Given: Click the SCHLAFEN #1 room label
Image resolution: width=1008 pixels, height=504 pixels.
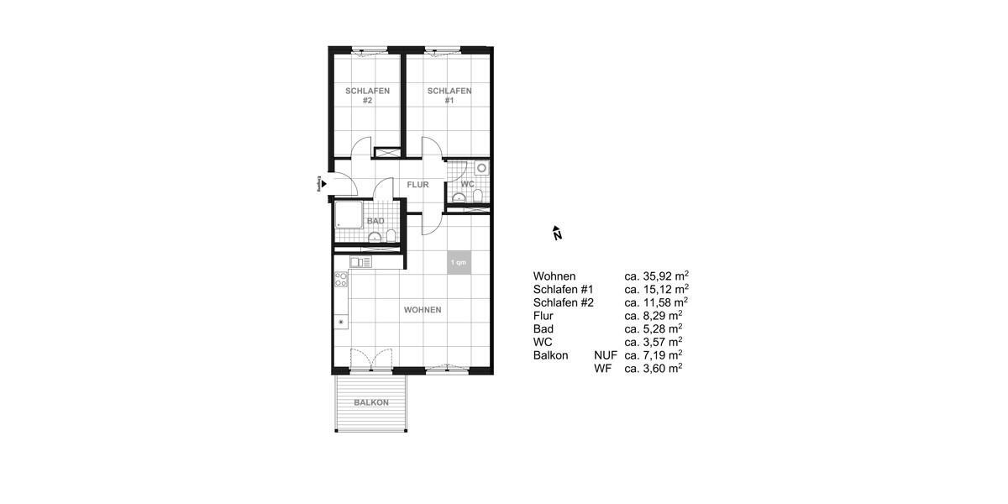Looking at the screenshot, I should [449, 96].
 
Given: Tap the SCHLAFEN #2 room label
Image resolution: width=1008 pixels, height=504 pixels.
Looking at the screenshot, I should [367, 96].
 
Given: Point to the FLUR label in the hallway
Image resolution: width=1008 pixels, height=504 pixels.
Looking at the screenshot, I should [417, 185].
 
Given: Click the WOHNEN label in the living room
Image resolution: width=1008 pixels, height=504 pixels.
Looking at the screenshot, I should [423, 310].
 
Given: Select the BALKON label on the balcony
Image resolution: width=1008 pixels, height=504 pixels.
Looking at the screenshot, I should [370, 402].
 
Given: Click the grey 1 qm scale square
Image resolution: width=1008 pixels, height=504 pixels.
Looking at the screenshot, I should [459, 263].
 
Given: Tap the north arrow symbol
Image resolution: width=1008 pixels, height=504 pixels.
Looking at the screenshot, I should [556, 234].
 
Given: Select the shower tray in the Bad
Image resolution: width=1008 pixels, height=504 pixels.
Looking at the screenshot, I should [349, 216].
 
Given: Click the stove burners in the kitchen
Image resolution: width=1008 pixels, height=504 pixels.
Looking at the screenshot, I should [342, 279].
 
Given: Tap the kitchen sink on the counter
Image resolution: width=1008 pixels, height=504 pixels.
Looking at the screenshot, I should [360, 262].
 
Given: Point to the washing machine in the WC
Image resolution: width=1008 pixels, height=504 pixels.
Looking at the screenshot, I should [481, 168].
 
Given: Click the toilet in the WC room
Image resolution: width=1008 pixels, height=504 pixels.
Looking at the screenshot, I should [477, 196].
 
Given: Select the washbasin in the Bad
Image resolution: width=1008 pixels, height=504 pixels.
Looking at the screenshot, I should [374, 236].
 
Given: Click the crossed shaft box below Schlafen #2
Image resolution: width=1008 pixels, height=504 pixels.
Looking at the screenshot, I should [387, 154].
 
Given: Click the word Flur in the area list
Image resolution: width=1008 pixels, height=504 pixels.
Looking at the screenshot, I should [543, 315].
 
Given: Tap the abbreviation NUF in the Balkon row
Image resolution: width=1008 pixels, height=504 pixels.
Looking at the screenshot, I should [605, 355].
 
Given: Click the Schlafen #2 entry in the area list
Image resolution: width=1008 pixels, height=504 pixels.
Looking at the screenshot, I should [564, 302].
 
